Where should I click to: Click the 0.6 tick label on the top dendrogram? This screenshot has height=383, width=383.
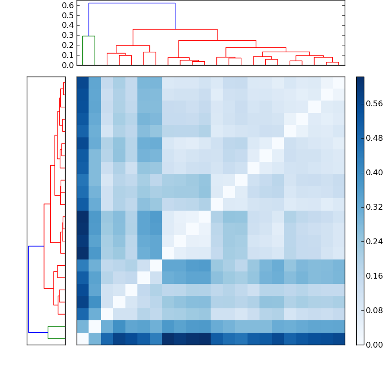pyautogui.click(x=68, y=5)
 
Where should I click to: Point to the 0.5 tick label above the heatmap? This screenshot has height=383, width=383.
pyautogui.click(x=68, y=15)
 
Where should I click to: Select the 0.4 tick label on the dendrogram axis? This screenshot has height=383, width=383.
pyautogui.click(x=68, y=25)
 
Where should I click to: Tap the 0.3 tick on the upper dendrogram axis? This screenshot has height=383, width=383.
pyautogui.click(x=68, y=35)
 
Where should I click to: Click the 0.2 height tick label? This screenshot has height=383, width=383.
pyautogui.click(x=68, y=45)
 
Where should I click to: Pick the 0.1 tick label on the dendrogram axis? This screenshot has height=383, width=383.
pyautogui.click(x=68, y=55)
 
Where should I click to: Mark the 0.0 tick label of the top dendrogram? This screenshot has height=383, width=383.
pyautogui.click(x=68, y=65)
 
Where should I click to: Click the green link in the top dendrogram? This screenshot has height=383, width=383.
pyautogui.click(x=89, y=36)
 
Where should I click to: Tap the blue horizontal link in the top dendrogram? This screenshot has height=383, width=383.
pyautogui.click(x=132, y=3)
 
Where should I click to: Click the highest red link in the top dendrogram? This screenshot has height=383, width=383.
pyautogui.click(x=175, y=30)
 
